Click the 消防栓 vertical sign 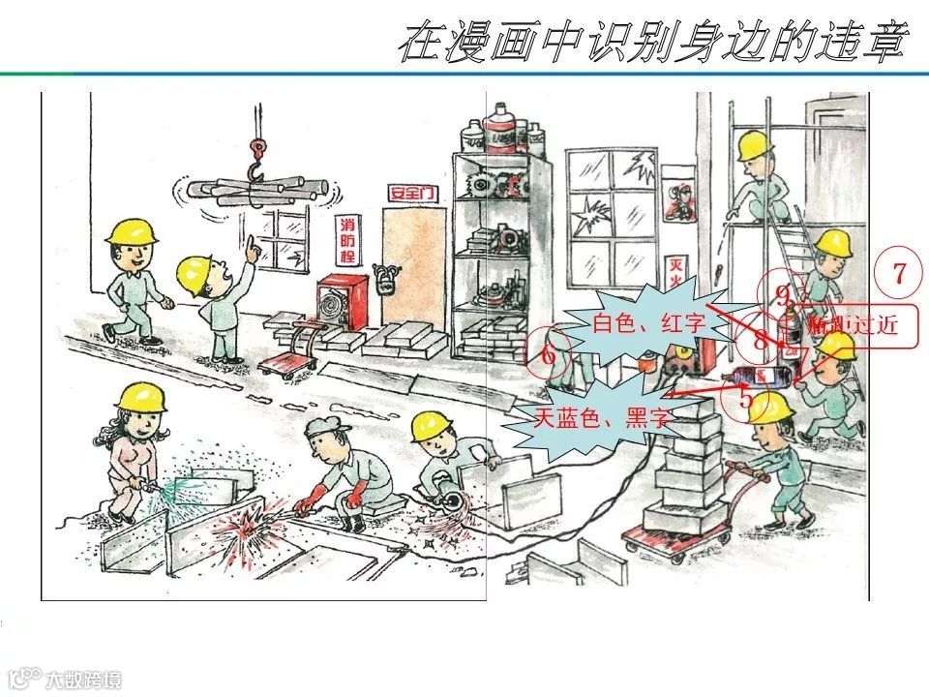[x=346, y=241]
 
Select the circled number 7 [x=899, y=274]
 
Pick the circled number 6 [x=549, y=355]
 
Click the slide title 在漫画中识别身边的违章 [x=654, y=45]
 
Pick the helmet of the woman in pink [x=141, y=396]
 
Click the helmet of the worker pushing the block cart [x=770, y=406]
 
